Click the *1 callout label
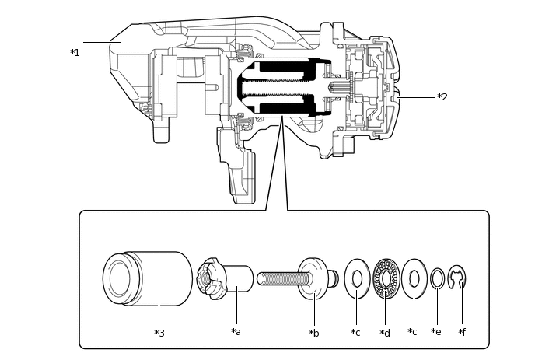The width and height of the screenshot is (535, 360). (75, 53)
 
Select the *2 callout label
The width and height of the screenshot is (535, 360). (442, 97)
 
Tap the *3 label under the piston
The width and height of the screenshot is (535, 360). (159, 333)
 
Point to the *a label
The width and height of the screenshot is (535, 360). (236, 332)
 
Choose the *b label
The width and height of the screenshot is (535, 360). (313, 333)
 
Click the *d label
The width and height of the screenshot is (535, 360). (385, 333)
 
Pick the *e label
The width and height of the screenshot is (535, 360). (436, 332)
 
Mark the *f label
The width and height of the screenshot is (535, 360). (462, 332)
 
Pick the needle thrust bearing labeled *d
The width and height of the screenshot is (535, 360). (386, 278)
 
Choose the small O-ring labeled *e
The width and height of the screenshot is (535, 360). (438, 278)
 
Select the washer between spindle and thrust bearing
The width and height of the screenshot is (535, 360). (357, 278)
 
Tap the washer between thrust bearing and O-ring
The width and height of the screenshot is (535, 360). (414, 278)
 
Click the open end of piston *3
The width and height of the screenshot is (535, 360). (119, 278)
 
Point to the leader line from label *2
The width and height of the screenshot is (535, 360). (415, 97)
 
